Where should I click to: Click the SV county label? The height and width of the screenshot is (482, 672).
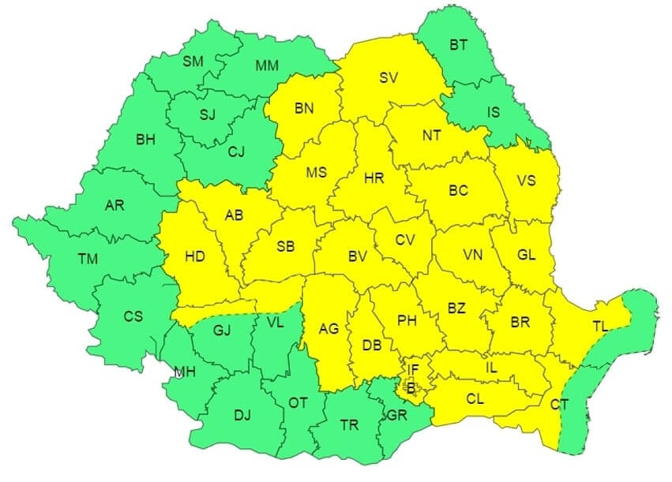click(x=388, y=77)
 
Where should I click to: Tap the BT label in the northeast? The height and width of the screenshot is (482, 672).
click(x=458, y=45)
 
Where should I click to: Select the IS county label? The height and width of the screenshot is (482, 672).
click(x=493, y=112)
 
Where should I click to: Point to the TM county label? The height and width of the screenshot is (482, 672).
click(x=88, y=258)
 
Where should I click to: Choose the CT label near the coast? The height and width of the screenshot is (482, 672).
click(x=559, y=404)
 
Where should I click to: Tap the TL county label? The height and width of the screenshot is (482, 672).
click(x=601, y=326)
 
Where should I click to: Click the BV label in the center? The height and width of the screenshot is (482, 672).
click(x=357, y=256)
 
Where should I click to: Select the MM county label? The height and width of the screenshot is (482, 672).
click(x=266, y=65)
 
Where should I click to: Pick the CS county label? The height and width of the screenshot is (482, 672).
click(x=133, y=316)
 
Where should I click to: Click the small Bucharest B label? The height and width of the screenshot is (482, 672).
click(x=410, y=387)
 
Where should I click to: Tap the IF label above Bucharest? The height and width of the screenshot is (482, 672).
click(x=413, y=368)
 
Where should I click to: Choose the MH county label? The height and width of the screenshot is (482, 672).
click(x=185, y=373)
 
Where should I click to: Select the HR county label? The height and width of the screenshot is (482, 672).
click(x=374, y=178)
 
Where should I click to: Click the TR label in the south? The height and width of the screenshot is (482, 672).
click(x=349, y=425)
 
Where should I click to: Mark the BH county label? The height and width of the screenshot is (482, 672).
click(x=145, y=140)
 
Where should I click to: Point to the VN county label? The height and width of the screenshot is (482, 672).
click(x=473, y=255)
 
